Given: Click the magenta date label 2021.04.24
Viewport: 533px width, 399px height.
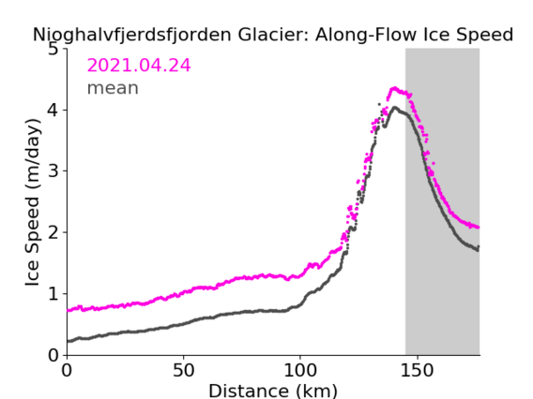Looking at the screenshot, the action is [x=139, y=66].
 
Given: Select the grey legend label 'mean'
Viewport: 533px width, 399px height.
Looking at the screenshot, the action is [x=113, y=88].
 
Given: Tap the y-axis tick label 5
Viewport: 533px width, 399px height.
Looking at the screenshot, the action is [x=53, y=50].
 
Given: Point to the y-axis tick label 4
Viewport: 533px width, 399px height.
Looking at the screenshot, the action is [x=53, y=110].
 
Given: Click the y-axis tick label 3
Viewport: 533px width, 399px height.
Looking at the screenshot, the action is [x=53, y=171].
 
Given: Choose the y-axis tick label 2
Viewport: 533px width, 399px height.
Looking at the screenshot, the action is [x=53, y=232].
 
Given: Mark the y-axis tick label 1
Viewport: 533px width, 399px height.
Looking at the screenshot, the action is [x=53, y=294].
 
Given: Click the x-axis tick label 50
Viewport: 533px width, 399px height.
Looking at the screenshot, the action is [x=184, y=371].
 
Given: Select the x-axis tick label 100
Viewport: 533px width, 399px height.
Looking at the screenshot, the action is [x=300, y=371].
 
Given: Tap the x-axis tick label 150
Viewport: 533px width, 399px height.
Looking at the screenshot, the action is [x=417, y=371].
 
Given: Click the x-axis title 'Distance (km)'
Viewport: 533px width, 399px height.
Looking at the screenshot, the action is [x=273, y=391].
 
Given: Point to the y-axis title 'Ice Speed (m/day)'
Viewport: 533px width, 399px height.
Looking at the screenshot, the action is [x=33, y=202].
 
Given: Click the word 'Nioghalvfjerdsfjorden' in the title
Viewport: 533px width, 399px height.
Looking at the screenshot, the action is [x=132, y=35].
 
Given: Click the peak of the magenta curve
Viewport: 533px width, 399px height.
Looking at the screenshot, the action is [x=394, y=88].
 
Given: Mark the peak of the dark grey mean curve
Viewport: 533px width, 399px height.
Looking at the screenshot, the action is [x=395, y=108].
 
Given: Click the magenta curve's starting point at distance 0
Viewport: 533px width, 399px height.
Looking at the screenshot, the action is [x=68, y=310].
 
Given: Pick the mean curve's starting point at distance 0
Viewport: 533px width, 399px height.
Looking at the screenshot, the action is [x=68, y=341].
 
